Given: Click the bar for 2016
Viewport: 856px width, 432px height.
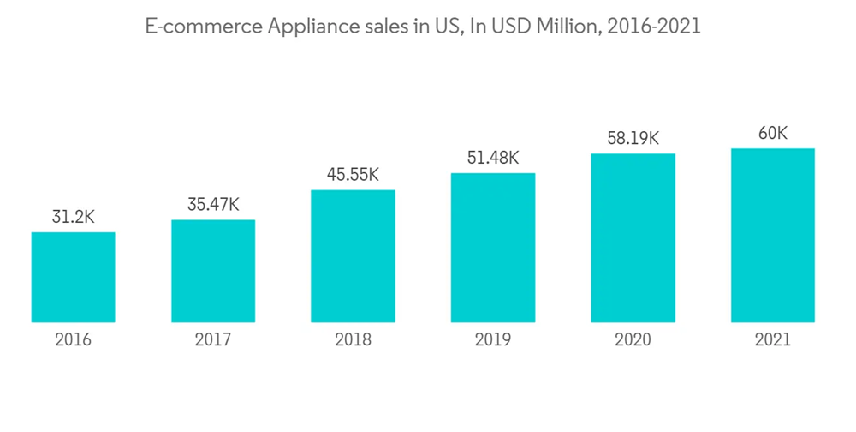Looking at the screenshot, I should [x=73, y=277].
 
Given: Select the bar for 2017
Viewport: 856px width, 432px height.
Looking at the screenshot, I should [x=213, y=271].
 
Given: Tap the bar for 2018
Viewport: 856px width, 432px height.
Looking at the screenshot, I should [x=353, y=255].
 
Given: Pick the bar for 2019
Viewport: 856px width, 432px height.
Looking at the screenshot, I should [x=493, y=248].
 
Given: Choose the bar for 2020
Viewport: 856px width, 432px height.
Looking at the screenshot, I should [x=633, y=237].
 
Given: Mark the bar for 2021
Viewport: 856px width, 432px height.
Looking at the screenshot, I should [x=772, y=235].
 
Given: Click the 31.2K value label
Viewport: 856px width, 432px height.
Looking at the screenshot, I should [x=73, y=218].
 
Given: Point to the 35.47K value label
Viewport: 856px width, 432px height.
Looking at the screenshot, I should [x=213, y=206].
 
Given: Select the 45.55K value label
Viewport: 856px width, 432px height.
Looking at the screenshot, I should [x=353, y=175].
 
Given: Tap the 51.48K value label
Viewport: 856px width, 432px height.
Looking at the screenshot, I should [x=493, y=159].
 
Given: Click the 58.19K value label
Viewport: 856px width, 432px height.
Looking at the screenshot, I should [x=633, y=138].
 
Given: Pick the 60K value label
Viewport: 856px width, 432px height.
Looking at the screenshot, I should [x=772, y=133].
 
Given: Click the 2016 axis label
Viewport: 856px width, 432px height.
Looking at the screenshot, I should [x=73, y=339].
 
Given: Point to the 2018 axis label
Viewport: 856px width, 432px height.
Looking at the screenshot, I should [x=353, y=339].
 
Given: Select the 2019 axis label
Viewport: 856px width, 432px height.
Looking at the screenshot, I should [x=493, y=339].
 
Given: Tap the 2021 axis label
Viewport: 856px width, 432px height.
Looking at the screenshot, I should [x=772, y=339].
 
